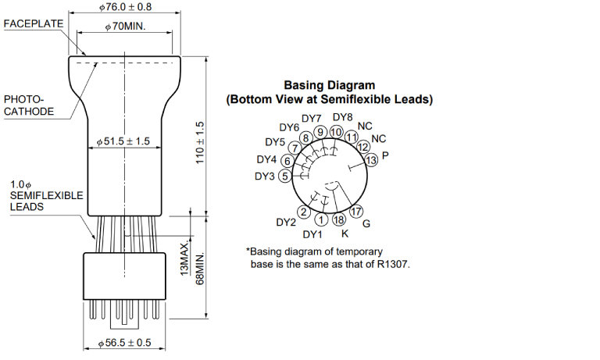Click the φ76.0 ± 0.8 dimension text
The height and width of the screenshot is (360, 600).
126,7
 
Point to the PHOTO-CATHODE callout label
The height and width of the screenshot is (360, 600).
29,106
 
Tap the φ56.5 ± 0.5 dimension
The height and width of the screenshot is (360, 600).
125,344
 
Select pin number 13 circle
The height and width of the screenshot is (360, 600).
371,160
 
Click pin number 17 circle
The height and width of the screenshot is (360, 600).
357,212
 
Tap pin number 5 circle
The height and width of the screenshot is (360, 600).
285,176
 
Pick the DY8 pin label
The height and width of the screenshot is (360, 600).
342,117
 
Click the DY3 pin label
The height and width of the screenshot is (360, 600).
265,176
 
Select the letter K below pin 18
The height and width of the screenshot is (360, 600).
345,233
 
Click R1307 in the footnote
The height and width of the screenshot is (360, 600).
393,264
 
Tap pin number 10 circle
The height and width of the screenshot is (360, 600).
336,132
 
